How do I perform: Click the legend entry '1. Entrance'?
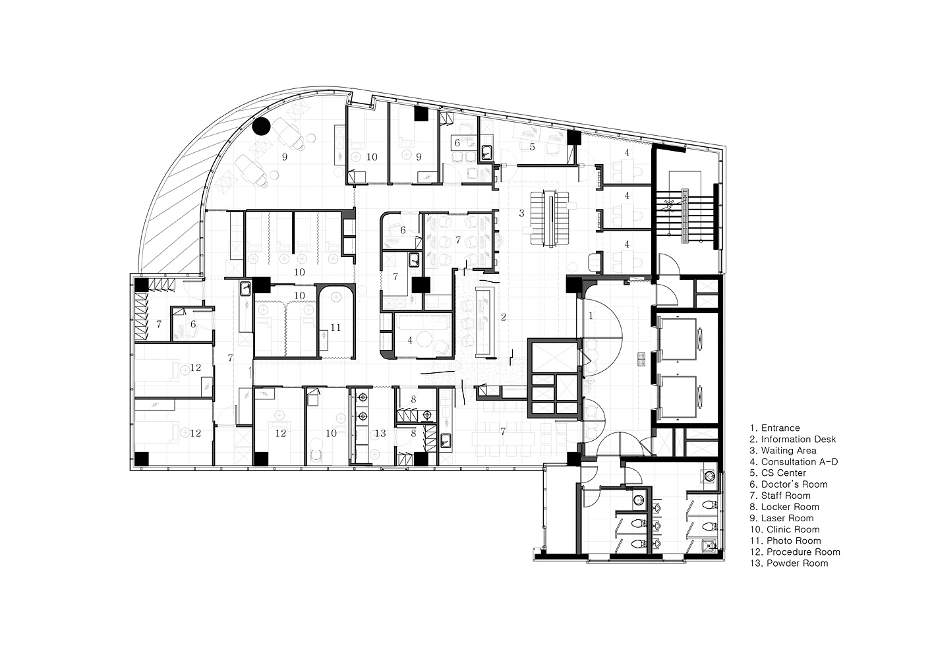[774, 428]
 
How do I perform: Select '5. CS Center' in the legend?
[778, 473]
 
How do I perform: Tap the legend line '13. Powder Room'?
[789, 563]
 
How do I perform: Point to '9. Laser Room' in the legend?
[782, 519]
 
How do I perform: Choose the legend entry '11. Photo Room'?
[786, 541]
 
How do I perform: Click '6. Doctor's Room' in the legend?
[788, 484]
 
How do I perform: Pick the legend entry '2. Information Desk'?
[793, 440]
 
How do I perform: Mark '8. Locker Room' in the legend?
[784, 507]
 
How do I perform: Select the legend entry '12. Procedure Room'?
[795, 552]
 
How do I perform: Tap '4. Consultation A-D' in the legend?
[794, 462]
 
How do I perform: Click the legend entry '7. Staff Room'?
[780, 496]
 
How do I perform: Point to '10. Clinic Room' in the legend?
[785, 530]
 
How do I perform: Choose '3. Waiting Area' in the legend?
[783, 451]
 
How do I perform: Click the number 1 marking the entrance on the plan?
[591, 316]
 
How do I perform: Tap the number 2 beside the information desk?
[504, 318]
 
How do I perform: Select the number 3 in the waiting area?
[521, 214]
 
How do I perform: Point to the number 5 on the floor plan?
[532, 147]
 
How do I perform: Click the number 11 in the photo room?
[335, 328]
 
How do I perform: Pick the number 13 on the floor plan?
[380, 434]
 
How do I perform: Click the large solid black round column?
[262, 126]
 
